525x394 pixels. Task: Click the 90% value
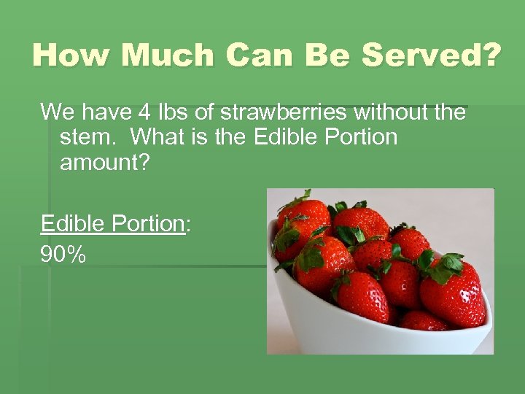point(63,254)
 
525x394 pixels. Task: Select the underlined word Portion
point(149,223)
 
